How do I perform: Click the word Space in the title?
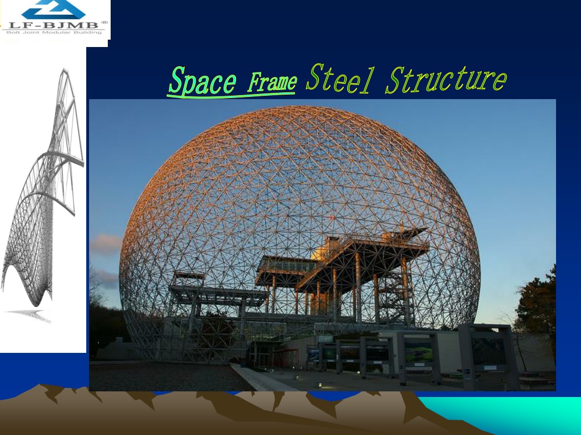tap(203, 80)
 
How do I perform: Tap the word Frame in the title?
tap(272, 82)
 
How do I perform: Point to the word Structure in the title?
tap(446, 80)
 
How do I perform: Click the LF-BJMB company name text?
tap(53, 25)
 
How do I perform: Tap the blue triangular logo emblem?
tap(54, 9)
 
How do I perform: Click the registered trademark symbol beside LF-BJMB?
tap(104, 23)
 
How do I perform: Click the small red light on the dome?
tap(332, 217)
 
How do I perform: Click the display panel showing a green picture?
tap(418, 352)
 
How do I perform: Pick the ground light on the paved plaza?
tap(320, 385)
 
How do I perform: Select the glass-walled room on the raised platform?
tap(287, 265)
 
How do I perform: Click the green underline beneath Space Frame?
tap(231, 95)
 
